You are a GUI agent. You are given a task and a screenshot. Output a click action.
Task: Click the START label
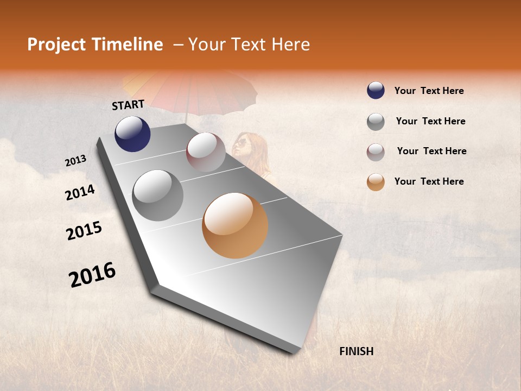(x=128, y=105)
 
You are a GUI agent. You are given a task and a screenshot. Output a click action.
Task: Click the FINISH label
(x=356, y=351)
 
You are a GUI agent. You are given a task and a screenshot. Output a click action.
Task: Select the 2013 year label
(x=75, y=161)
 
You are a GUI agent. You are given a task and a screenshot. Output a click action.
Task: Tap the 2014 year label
(x=80, y=193)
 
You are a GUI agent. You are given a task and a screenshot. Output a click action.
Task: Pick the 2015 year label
(x=84, y=231)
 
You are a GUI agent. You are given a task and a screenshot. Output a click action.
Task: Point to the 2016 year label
(x=92, y=275)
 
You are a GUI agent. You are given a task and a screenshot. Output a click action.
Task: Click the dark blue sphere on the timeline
(x=132, y=134)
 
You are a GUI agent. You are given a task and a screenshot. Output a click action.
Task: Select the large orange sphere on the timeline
(x=235, y=225)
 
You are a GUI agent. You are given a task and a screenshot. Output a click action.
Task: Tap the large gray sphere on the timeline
(x=157, y=195)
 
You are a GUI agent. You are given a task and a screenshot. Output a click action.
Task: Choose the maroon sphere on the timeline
(x=206, y=152)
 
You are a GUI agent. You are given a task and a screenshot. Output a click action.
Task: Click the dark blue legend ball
(x=376, y=90)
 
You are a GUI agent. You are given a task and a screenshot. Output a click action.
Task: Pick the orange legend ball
(x=376, y=182)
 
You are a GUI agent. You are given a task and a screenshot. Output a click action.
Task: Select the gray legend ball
(x=376, y=122)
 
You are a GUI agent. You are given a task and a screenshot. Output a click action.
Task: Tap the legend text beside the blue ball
(x=429, y=91)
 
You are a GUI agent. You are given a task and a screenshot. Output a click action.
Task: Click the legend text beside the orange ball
(x=429, y=181)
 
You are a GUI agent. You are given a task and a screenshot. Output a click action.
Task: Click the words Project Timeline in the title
(x=95, y=45)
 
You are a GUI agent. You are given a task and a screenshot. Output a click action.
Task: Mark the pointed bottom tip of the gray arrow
(x=296, y=352)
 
